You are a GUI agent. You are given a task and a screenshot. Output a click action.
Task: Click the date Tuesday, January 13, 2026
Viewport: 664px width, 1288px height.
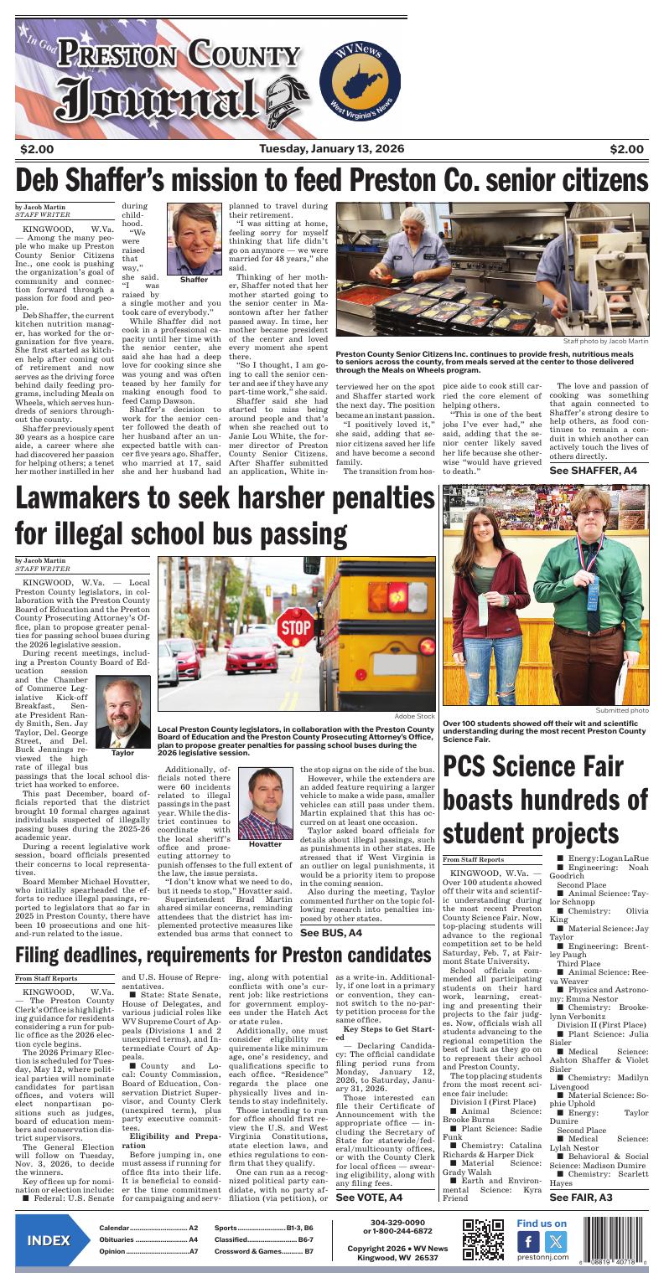click(x=331, y=149)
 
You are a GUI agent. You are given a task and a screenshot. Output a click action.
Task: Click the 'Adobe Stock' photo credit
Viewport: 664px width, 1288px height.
click(x=414, y=716)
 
